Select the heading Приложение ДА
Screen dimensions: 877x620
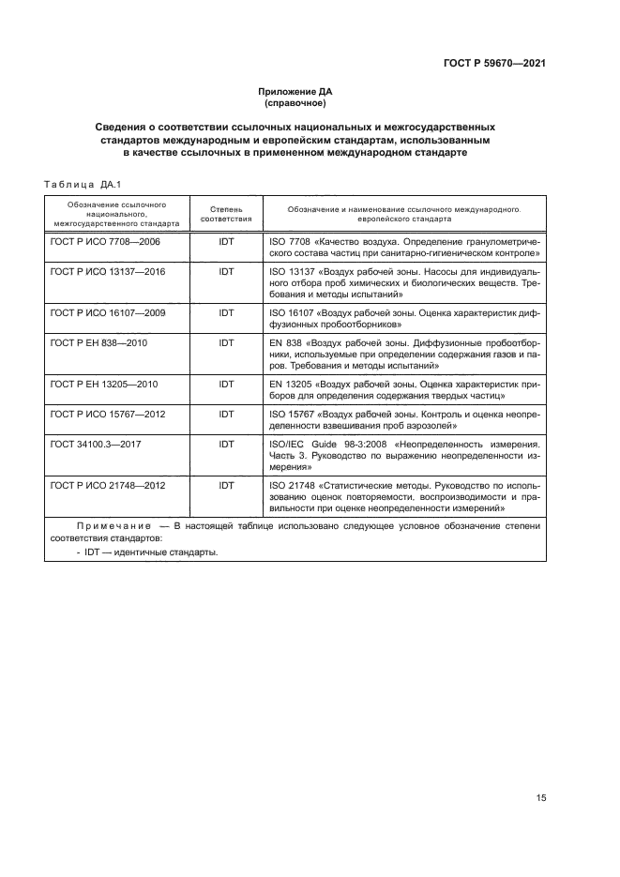[x=295, y=92]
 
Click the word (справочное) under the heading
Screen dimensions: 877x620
[x=295, y=103]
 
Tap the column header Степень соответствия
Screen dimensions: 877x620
[x=226, y=211]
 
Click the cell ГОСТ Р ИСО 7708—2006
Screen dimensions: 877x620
[x=105, y=242]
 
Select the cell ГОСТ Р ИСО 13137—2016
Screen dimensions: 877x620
[x=107, y=271]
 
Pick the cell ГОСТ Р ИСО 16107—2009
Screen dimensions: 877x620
[x=107, y=312]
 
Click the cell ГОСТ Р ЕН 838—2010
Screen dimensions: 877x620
[x=98, y=342]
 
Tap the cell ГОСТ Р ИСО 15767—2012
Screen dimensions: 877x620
[x=107, y=414]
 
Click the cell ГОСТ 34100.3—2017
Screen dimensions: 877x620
[x=93, y=444]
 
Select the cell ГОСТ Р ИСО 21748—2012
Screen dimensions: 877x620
[x=107, y=485]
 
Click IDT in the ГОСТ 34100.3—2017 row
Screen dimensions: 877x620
[x=226, y=444]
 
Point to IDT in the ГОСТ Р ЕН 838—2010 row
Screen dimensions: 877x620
[x=226, y=342]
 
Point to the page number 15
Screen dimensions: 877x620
[x=541, y=797]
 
